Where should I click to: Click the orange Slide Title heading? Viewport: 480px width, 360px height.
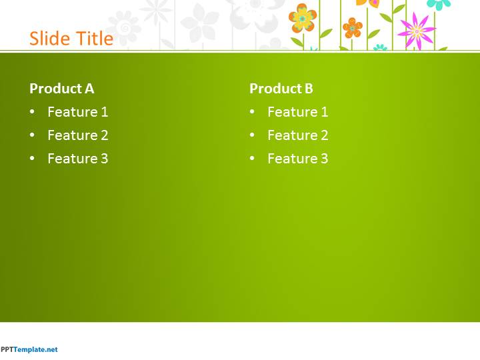coord(71,39)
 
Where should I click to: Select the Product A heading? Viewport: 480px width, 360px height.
coord(62,89)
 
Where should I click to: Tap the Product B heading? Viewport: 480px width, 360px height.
coord(281,89)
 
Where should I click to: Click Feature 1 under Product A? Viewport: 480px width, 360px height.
coord(78,112)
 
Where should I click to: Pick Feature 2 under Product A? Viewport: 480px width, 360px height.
coord(78,135)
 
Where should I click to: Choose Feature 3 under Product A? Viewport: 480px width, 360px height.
coord(78,158)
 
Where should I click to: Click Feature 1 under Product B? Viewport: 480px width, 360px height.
coord(298,112)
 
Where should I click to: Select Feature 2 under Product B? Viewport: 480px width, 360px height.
coord(298,135)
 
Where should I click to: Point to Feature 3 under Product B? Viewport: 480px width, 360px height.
coord(298,158)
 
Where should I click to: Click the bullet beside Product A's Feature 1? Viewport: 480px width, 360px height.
coord(32,112)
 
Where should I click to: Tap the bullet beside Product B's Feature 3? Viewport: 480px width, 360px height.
coord(252,158)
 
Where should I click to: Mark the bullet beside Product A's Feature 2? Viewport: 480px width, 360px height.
coord(32,135)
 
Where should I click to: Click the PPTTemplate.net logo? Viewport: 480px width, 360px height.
coord(29,349)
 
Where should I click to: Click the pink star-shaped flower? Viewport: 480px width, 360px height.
coord(416,31)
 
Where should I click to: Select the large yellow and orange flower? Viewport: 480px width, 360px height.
coord(303,19)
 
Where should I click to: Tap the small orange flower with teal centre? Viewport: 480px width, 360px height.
coord(353,28)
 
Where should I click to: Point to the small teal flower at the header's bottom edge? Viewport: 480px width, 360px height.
coord(380,47)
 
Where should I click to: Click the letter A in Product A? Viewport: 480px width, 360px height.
coord(89,89)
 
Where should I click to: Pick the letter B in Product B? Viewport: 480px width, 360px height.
coord(309,89)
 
